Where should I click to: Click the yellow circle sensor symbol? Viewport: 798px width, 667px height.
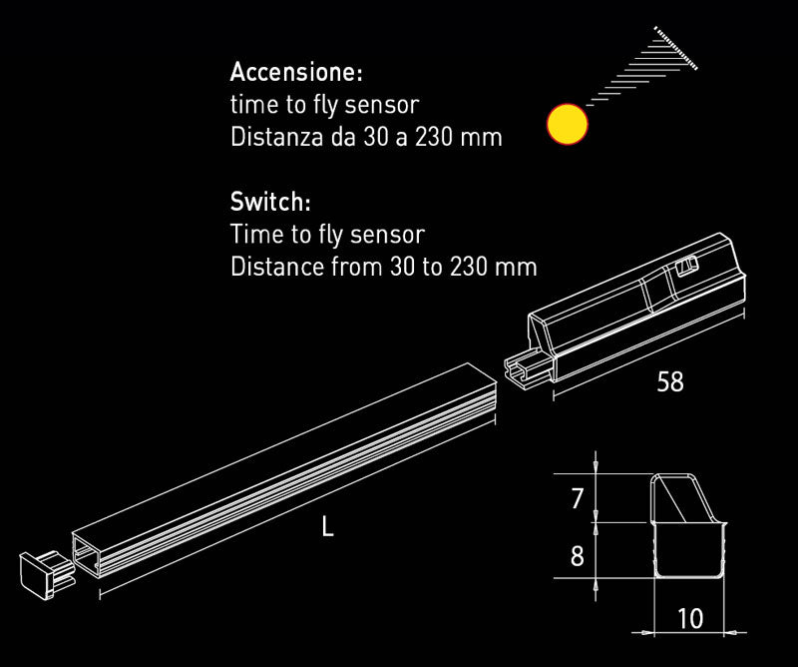568,125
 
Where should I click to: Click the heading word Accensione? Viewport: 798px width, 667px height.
295,73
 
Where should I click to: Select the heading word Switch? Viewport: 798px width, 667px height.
269,203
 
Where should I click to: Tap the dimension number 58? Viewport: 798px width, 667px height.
670,381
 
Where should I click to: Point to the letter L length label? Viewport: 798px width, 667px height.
327,526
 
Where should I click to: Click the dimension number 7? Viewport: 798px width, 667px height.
577,498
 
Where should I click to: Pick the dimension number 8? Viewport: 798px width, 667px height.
577,556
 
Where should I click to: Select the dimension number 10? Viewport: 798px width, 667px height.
689,619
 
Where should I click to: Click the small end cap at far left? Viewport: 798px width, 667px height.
42,573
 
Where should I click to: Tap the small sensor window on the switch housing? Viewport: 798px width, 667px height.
685,265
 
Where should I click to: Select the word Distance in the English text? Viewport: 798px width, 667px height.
276,268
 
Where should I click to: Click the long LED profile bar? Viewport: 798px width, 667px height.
289,469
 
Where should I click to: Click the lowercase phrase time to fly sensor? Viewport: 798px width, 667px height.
324,105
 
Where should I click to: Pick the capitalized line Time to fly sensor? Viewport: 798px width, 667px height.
327,235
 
